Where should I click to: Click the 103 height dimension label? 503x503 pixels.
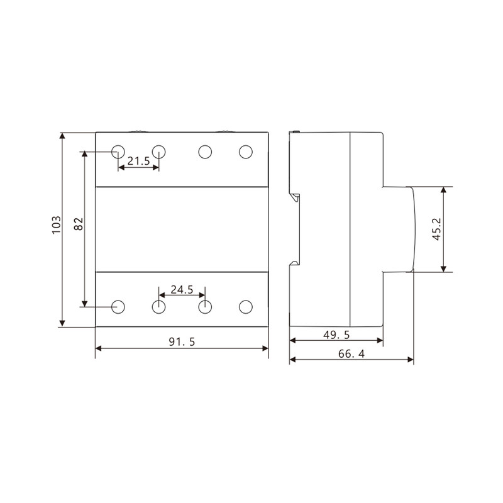click(56, 225)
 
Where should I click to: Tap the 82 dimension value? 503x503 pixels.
click(79, 224)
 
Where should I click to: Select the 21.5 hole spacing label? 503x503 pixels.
click(138, 161)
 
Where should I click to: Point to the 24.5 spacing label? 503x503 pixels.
click(182, 290)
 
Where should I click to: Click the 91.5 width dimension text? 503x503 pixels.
click(182, 341)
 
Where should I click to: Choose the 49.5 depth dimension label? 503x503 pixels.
click(336, 335)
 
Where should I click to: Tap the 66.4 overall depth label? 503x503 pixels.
click(351, 353)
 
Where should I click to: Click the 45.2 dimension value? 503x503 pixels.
click(437, 229)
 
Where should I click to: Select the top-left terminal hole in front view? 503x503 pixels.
click(118, 152)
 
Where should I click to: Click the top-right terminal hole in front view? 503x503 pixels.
click(246, 152)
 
